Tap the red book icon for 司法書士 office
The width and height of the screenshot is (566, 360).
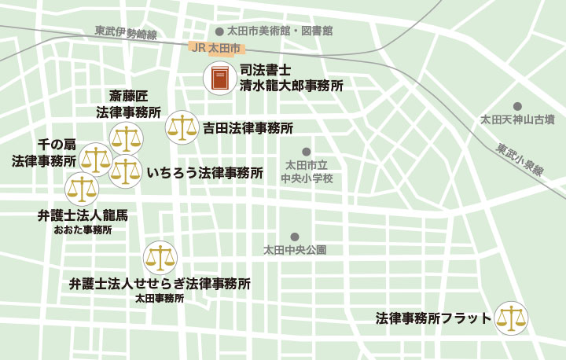pos(219,79)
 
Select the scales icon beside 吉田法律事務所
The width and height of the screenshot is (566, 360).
pos(182,127)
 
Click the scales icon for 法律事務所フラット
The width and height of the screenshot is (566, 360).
pos(511,318)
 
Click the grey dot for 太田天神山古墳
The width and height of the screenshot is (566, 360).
pos(517,106)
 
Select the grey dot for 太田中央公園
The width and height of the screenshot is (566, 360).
pos(295,237)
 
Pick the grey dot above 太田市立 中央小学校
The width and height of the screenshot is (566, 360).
pos(307,152)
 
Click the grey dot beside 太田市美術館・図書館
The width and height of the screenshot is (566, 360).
pos(220,31)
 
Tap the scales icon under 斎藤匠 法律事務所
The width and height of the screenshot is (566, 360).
pos(126,138)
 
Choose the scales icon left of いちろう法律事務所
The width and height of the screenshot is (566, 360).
pos(126,172)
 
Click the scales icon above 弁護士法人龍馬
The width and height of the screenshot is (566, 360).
pos(81,189)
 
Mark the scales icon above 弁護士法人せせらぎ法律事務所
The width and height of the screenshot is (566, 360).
pos(160,257)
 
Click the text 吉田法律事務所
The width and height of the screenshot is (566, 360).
pos(248,127)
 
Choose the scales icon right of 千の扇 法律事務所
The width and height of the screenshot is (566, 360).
pos(96,160)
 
